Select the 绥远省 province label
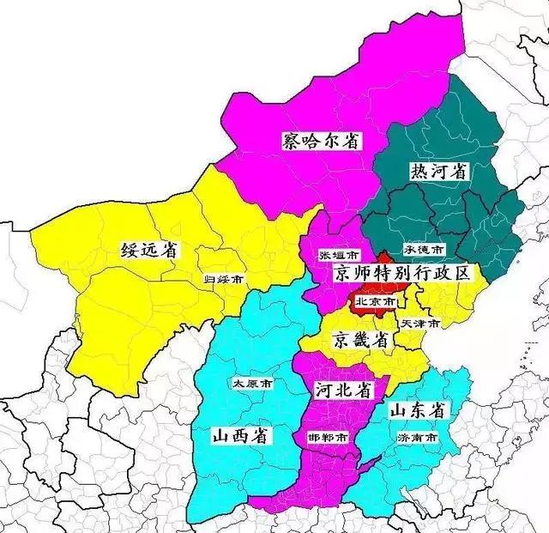pyautogui.click(x=148, y=251)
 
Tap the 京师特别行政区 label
pyautogui.click(x=402, y=274)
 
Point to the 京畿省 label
pyautogui.click(x=361, y=340)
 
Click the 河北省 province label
pyautogui.click(x=342, y=390)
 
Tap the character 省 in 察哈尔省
pyautogui.click(x=350, y=141)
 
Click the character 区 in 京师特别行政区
pyautogui.click(x=463, y=274)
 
